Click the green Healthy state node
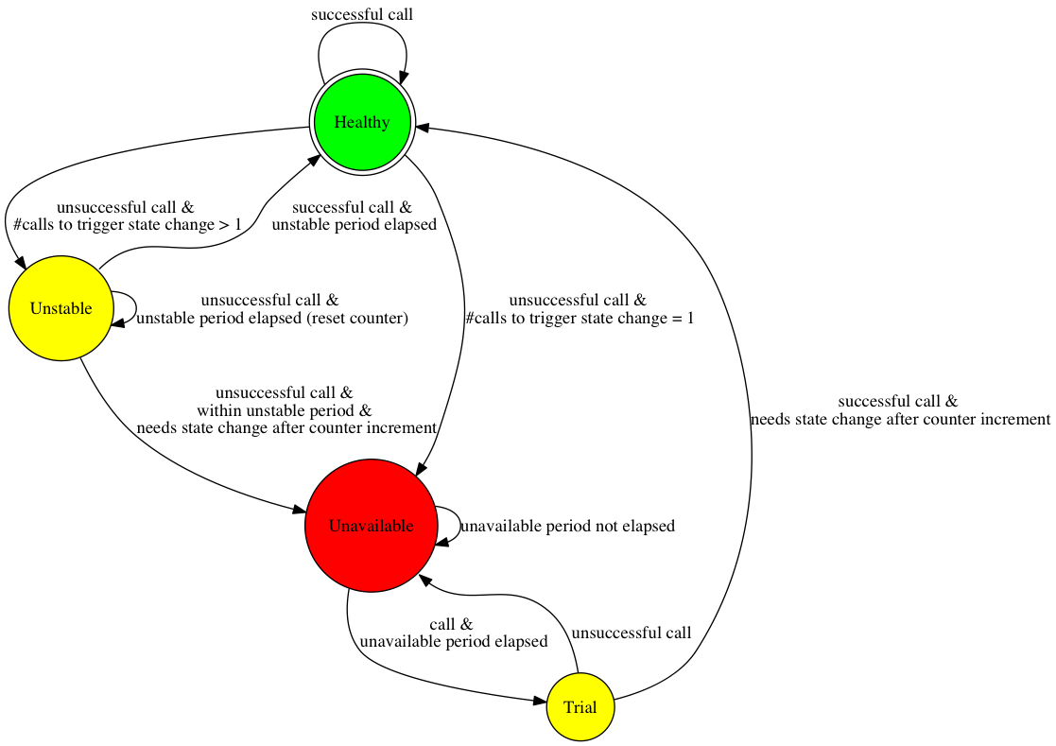[362, 123]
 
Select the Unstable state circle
[61, 308]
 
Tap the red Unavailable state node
[371, 526]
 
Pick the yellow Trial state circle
[580, 707]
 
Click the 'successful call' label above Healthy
[362, 15]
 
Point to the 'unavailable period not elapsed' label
[567, 526]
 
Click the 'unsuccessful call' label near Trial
[632, 633]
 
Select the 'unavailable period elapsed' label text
[454, 641]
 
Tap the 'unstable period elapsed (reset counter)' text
[272, 319]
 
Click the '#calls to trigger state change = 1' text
[580, 319]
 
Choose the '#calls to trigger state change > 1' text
[127, 225]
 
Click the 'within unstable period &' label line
[284, 410]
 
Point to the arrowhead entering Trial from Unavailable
[540, 702]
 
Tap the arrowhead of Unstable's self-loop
[119, 323]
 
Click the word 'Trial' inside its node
[580, 707]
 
